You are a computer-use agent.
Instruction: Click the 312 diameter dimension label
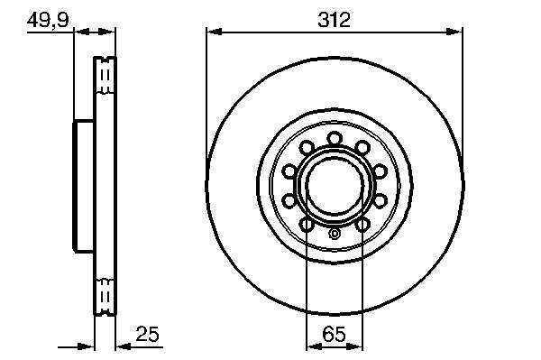coord(334,20)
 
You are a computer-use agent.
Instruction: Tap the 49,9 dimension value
coord(48,20)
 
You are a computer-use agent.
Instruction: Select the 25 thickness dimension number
coord(147,334)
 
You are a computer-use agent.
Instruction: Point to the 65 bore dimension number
coord(334,334)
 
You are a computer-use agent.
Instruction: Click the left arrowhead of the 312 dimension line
coord(214,32)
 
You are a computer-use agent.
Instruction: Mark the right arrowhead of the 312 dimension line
coord(454,32)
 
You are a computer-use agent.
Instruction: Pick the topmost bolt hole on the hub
coord(335,139)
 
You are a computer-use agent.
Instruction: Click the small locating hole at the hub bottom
coord(335,234)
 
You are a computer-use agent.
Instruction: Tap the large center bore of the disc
coord(335,185)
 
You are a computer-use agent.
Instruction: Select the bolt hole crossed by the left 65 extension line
coord(307,225)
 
